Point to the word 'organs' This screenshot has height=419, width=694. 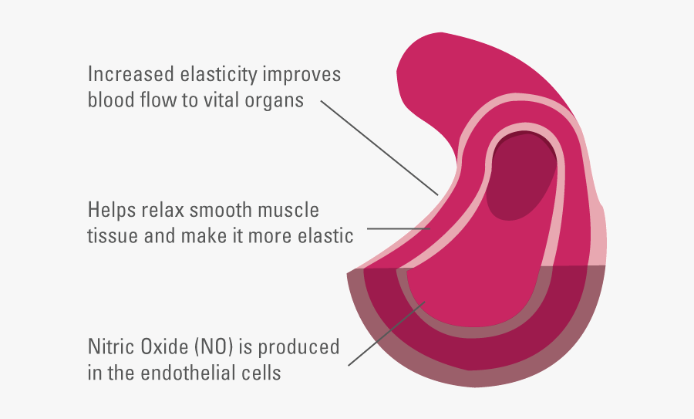[275, 102]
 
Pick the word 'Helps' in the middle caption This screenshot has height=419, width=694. [110, 210]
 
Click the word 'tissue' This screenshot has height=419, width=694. [113, 235]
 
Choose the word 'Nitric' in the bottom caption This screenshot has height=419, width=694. [111, 347]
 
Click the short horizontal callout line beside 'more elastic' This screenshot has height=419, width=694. [398, 228]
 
